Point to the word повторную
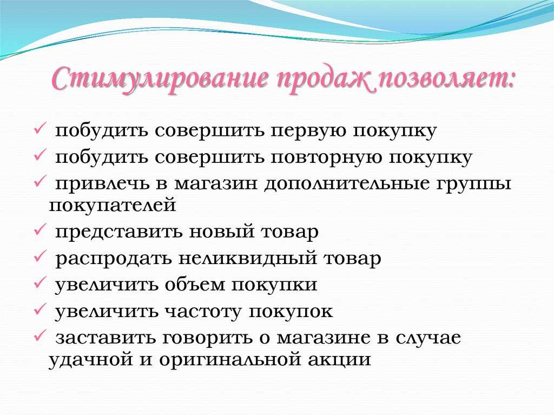(327, 158)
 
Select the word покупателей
(113, 206)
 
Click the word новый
(221, 232)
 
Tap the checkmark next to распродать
(39, 256)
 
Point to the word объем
(195, 285)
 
